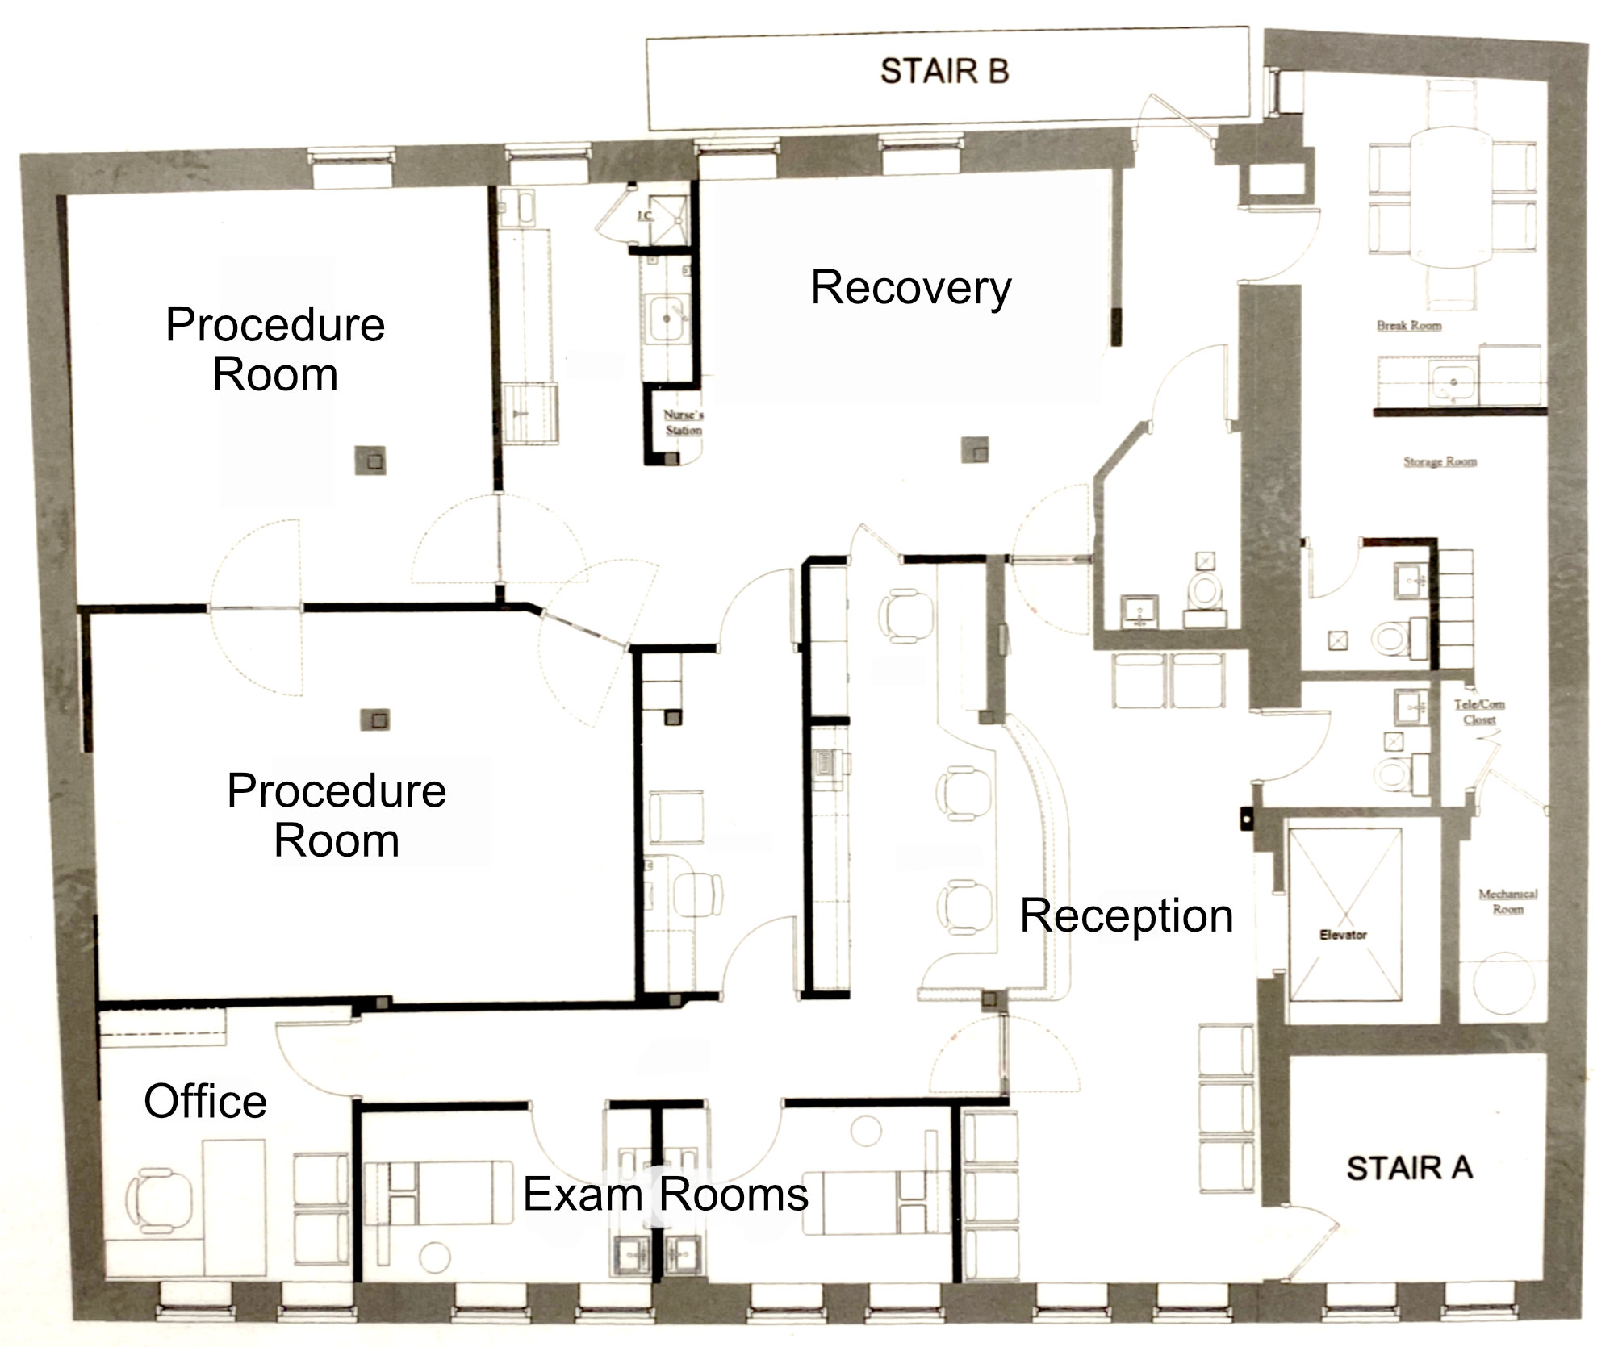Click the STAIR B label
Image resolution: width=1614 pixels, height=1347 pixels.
[x=944, y=71]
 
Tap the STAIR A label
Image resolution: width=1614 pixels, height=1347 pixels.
[x=1409, y=1168]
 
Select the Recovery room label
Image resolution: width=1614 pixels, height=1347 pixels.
[x=910, y=288]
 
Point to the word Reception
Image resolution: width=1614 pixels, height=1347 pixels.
[x=1127, y=915]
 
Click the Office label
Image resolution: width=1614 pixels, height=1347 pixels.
[x=205, y=1102]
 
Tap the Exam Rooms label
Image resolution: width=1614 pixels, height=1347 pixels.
[x=665, y=1195]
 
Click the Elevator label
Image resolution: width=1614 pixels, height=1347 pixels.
[x=1343, y=935]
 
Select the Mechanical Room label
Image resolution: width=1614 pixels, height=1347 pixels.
[x=1507, y=901]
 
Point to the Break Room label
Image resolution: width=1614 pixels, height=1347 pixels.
[x=1409, y=326]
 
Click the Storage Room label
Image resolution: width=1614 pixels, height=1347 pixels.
[x=1440, y=462]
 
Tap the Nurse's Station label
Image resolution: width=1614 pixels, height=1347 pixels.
[x=683, y=423]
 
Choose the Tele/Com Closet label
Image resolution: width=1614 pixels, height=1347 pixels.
[x=1479, y=711]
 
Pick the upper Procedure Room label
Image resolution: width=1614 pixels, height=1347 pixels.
[x=275, y=349]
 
